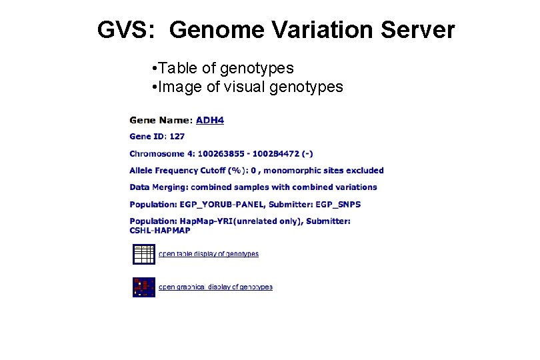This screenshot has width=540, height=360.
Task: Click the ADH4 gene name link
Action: click(x=210, y=121)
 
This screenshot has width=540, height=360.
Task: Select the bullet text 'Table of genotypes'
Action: click(x=227, y=68)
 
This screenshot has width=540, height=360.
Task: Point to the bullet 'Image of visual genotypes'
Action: click(x=251, y=86)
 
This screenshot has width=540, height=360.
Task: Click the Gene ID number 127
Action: click(x=177, y=137)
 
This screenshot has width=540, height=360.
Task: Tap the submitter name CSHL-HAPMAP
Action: click(x=160, y=231)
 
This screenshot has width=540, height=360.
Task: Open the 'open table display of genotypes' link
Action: click(x=208, y=254)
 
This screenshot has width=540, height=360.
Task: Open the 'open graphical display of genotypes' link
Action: click(x=215, y=287)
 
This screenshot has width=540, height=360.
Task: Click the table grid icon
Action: click(x=143, y=254)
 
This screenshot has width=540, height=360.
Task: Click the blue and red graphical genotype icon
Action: click(x=143, y=287)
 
